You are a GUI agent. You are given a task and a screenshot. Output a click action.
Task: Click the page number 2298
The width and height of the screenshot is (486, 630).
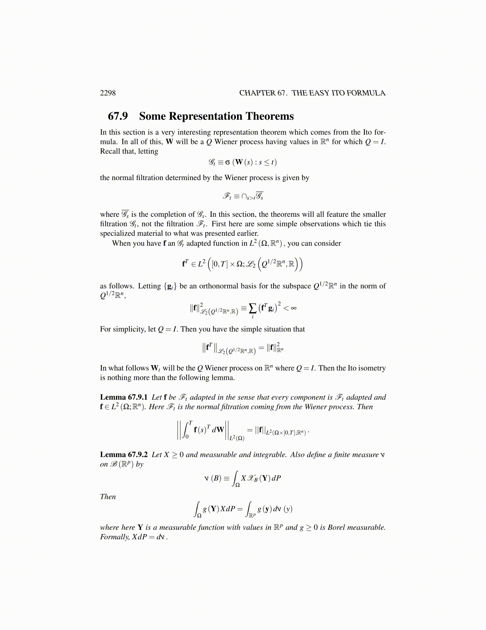pos(108,93)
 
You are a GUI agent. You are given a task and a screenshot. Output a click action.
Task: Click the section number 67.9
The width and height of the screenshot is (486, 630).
pos(118,116)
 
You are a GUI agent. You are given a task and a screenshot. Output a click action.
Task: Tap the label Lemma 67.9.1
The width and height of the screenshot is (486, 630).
pos(123,397)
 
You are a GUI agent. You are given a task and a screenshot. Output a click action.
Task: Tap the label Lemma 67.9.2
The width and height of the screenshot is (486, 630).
pos(123,455)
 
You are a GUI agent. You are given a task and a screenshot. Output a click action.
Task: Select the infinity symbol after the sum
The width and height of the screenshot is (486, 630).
pos(293,307)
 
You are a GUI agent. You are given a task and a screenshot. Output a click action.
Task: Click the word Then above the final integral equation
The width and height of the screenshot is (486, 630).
pos(108,497)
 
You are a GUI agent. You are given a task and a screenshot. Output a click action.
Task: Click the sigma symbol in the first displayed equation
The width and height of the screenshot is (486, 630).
pos(228,162)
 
